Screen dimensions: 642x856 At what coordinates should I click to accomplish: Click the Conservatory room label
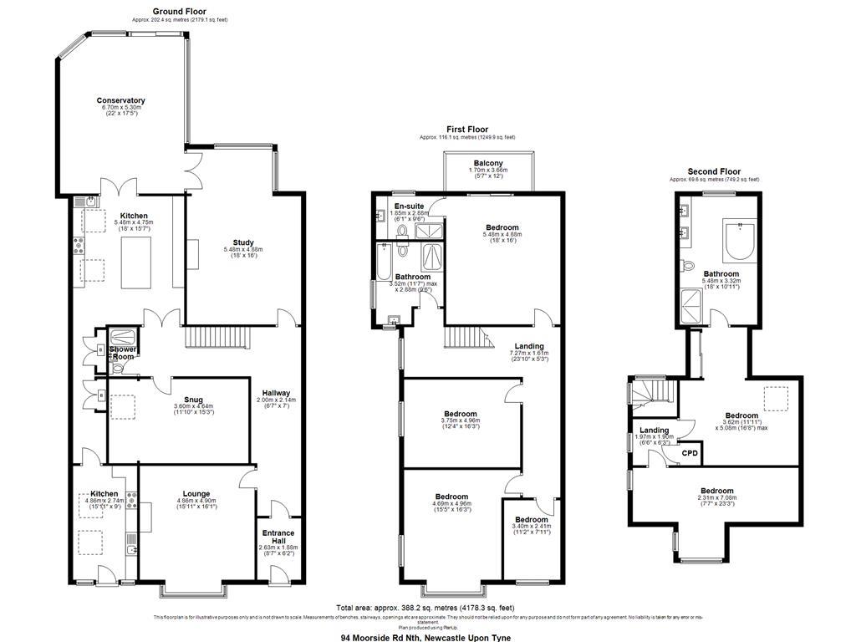click(120, 100)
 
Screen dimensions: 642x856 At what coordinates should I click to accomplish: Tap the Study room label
click(242, 242)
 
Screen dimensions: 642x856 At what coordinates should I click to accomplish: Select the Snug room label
click(194, 400)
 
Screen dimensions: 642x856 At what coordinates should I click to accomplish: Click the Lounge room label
click(196, 493)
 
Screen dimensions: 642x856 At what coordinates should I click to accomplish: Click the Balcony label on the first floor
click(487, 163)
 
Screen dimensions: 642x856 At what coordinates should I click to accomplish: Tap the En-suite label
click(409, 205)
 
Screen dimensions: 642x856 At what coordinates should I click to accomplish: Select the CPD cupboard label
click(690, 452)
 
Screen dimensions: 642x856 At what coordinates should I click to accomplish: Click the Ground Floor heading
click(180, 12)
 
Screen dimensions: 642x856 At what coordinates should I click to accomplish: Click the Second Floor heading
click(714, 171)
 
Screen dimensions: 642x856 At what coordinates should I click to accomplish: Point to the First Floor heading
click(467, 130)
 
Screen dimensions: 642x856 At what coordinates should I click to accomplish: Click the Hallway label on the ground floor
click(276, 393)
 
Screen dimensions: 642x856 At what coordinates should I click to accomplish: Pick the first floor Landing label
click(528, 346)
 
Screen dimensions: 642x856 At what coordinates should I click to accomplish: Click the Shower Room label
click(122, 353)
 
